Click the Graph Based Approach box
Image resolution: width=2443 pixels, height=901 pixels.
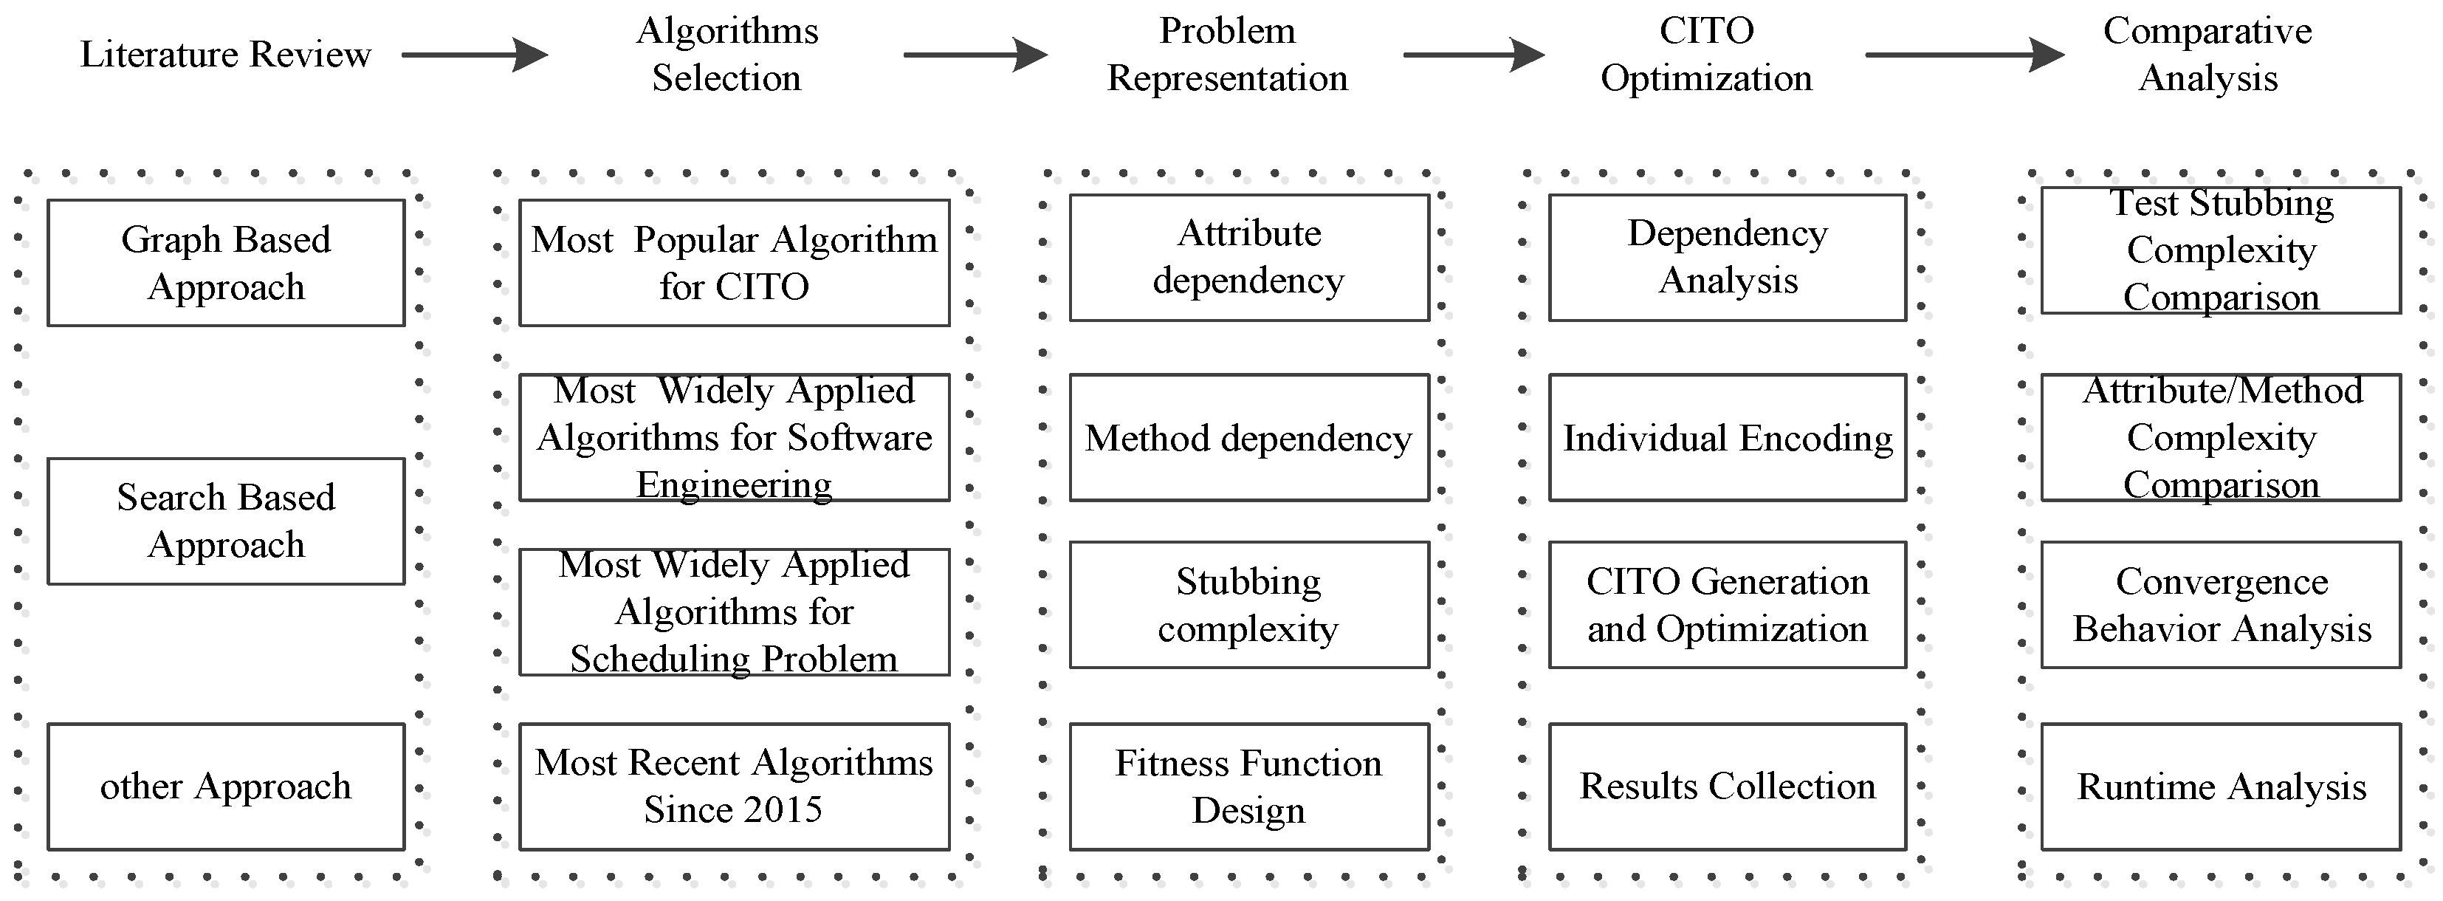coord(226,263)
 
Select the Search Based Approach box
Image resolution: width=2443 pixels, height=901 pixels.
coord(226,521)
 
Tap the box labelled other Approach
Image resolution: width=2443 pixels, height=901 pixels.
coord(226,787)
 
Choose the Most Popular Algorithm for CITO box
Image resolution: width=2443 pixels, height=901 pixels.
coord(734,263)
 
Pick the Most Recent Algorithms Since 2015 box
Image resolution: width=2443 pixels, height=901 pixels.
coord(734,787)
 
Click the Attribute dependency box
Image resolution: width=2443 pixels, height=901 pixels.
coord(1249,257)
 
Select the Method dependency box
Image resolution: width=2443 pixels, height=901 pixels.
coord(1249,437)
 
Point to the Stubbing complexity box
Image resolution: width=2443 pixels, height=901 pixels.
coord(1249,604)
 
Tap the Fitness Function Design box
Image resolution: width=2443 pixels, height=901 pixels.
coord(1249,787)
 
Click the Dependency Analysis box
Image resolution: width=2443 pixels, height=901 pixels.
coord(1727,257)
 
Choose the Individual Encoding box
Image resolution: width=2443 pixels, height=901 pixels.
coord(1727,437)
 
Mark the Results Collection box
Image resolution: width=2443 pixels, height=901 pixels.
coord(1727,787)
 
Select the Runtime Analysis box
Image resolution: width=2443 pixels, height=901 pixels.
coord(2221,787)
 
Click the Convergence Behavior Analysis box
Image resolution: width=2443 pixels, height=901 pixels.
coord(2221,604)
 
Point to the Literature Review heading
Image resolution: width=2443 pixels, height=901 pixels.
coord(226,54)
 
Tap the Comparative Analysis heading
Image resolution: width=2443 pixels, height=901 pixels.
coord(2207,54)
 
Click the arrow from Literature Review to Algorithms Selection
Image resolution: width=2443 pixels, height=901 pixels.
coord(474,54)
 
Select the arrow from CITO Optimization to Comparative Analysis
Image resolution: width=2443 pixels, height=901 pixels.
coord(1963,54)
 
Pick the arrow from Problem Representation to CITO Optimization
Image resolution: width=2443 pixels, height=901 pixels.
coord(1473,54)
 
